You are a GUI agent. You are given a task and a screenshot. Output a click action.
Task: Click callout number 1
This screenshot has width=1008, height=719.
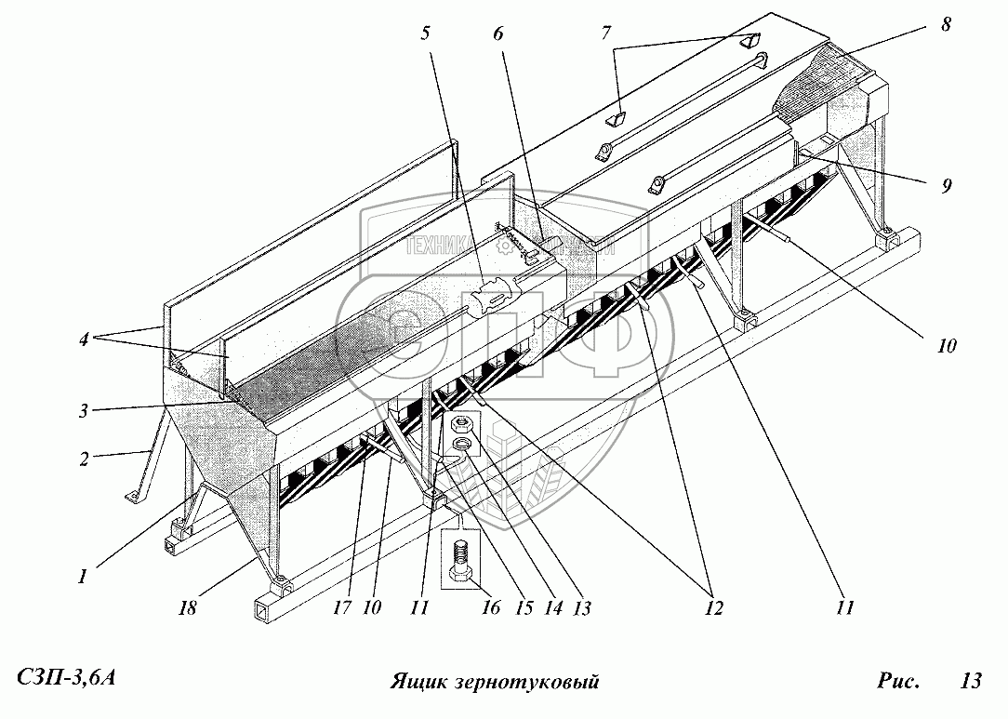tap(83, 577)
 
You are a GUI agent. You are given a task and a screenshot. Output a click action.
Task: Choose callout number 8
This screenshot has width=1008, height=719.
tap(946, 25)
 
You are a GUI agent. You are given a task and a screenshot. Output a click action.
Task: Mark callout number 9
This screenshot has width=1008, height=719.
tap(946, 185)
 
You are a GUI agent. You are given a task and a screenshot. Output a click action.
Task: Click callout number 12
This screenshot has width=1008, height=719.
tap(714, 608)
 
